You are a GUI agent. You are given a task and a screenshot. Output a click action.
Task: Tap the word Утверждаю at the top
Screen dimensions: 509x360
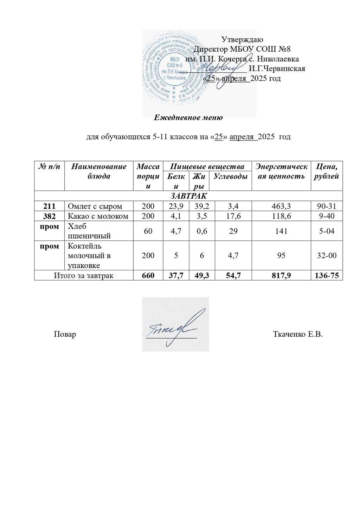point(242,40)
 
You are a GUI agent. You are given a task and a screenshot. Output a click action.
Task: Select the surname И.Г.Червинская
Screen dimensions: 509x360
point(277,69)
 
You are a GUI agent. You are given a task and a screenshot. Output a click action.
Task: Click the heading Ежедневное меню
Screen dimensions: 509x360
point(188,117)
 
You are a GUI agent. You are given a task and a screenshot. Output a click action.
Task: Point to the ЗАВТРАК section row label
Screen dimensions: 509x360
point(188,196)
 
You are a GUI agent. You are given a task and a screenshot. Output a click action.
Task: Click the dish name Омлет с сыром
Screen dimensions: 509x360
point(95,206)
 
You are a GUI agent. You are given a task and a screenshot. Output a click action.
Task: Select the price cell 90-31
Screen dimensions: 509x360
point(327,206)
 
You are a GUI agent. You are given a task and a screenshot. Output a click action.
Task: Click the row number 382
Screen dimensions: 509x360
point(49,216)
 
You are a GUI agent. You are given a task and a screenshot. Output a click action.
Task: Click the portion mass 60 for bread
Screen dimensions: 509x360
point(148,231)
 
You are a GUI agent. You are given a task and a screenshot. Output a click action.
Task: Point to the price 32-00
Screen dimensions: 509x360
point(327,256)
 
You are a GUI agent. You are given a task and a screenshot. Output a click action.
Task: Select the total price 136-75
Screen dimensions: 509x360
point(327,276)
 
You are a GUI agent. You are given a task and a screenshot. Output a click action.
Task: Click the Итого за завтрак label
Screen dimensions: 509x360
point(84,276)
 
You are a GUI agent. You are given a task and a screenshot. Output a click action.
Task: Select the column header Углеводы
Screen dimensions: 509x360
point(231,176)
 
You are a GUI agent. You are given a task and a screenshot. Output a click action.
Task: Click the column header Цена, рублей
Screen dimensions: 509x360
point(327,171)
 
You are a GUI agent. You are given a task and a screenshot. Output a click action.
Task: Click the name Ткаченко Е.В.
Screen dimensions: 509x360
point(298,334)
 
